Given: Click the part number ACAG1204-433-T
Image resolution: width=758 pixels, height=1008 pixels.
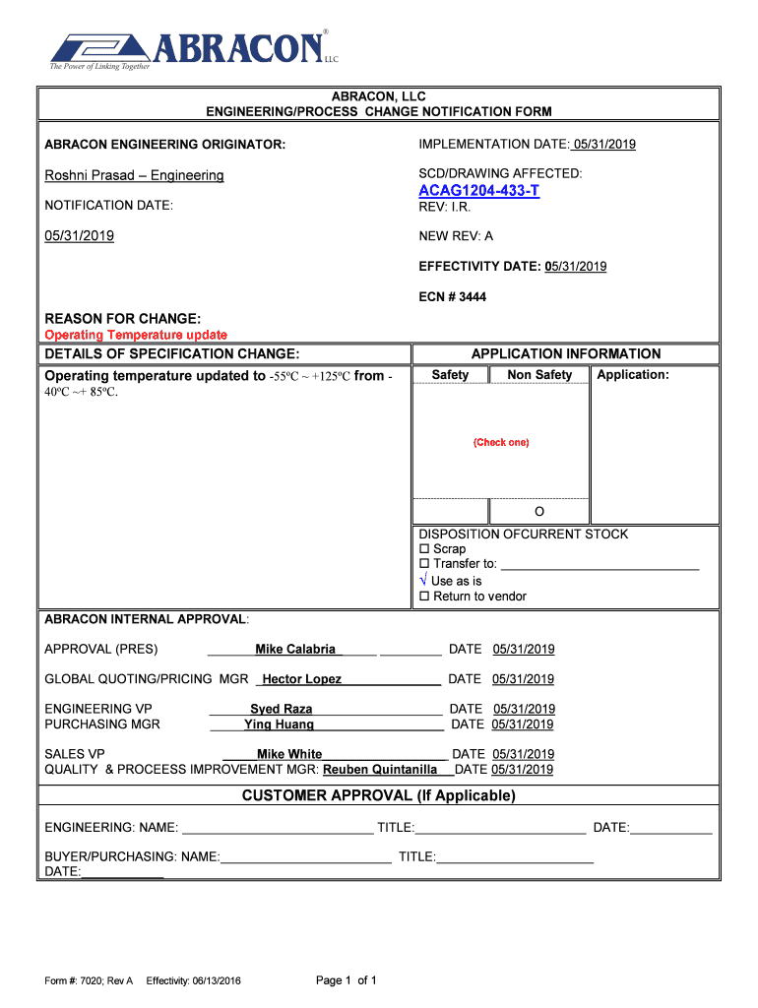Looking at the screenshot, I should pos(478,190).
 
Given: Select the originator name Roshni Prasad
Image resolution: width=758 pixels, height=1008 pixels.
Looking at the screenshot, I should pos(134,175).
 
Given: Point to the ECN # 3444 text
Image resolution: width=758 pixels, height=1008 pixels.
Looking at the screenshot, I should pos(452,296).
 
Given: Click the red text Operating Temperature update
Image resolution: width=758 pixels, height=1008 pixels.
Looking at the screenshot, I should pos(136,336).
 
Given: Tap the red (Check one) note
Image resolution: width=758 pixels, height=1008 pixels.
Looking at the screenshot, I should pos(501,442).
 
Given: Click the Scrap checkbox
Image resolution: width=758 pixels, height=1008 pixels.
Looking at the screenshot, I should pos(425,549).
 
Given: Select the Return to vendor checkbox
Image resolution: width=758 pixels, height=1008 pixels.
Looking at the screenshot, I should pos(425,597).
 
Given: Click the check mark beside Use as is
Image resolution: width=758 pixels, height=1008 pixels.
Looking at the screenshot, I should pos(424,581).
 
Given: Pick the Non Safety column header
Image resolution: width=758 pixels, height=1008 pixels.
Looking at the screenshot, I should pos(538,375).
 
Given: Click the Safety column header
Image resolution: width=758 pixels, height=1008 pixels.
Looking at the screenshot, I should pos(450,375).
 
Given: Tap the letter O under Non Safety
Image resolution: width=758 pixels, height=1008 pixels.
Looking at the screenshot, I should pos(538,512).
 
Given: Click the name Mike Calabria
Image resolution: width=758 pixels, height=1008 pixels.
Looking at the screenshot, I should pos(294,650).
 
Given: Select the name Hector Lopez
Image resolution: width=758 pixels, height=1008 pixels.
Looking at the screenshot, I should pos(301,679).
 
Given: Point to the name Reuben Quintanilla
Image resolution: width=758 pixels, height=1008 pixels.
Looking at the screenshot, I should pos(380,770).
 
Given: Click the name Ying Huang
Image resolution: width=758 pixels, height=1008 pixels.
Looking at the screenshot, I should pos(279,724).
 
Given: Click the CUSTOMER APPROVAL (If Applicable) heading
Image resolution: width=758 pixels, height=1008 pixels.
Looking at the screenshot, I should pos(378,795).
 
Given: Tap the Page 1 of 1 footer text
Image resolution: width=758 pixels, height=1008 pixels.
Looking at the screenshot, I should pos(346,980).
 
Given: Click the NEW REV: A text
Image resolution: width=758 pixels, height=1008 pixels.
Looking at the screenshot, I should pos(456,236).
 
